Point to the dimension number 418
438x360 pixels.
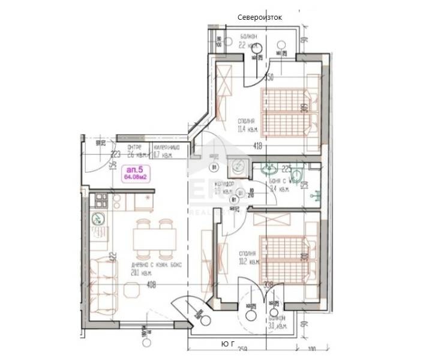(x=257, y=146)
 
